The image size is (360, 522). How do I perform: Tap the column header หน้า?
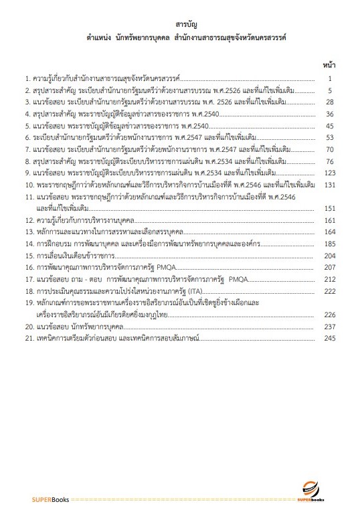[x=329, y=66]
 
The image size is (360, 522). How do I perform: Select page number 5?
[x=331, y=90]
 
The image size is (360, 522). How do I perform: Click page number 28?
[x=329, y=102]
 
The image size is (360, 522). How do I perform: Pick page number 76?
[x=329, y=161]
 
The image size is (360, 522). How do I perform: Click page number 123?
[x=328, y=173]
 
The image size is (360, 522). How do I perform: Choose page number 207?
[x=328, y=266]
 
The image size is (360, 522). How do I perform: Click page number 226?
[x=328, y=313]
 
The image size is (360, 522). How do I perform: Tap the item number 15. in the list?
[x=29, y=255]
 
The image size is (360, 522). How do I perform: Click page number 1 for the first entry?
[x=331, y=78]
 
